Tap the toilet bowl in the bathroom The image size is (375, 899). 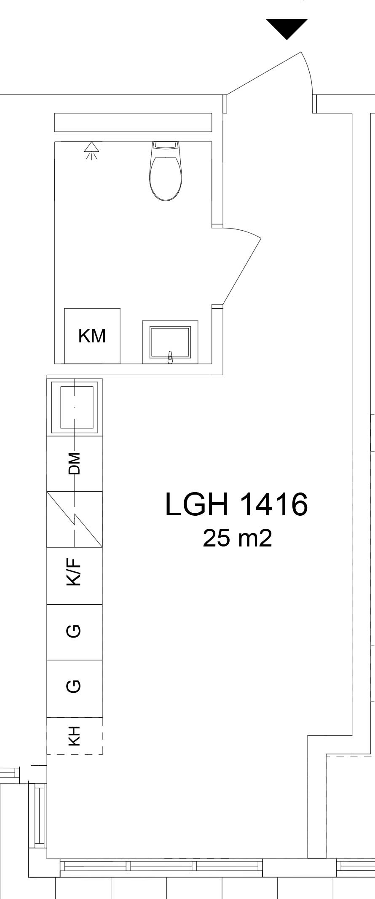click(166, 178)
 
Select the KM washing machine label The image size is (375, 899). click(92, 336)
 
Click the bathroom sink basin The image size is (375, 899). click(170, 342)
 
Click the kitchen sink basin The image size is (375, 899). click(75, 407)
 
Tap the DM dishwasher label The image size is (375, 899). click(74, 463)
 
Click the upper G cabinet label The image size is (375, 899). click(74, 631)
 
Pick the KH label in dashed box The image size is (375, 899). click(74, 736)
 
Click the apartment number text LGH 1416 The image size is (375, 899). click(236, 504)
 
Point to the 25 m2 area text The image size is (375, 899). click(237, 538)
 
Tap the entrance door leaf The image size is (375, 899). click(264, 73)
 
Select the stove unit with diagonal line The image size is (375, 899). click(75, 519)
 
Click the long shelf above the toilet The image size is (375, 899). click(133, 122)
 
